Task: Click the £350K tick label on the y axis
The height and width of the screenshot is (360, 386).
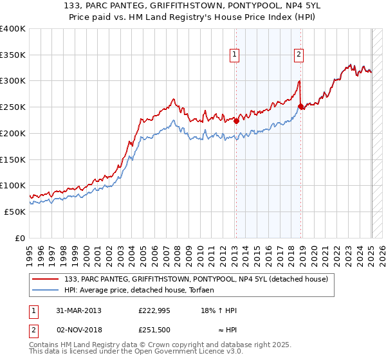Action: pos(13,55)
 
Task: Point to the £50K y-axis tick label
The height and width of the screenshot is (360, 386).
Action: pos(15,212)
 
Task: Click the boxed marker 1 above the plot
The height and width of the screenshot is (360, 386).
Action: pos(235,55)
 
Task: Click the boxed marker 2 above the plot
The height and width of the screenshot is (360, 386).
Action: pos(299,55)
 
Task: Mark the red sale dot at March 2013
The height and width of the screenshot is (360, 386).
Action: pos(236,120)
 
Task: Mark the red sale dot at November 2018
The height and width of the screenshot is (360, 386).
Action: pos(301,106)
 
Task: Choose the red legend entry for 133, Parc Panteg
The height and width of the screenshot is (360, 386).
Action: pos(196,278)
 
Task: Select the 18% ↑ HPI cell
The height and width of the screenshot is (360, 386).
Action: pos(219,310)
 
